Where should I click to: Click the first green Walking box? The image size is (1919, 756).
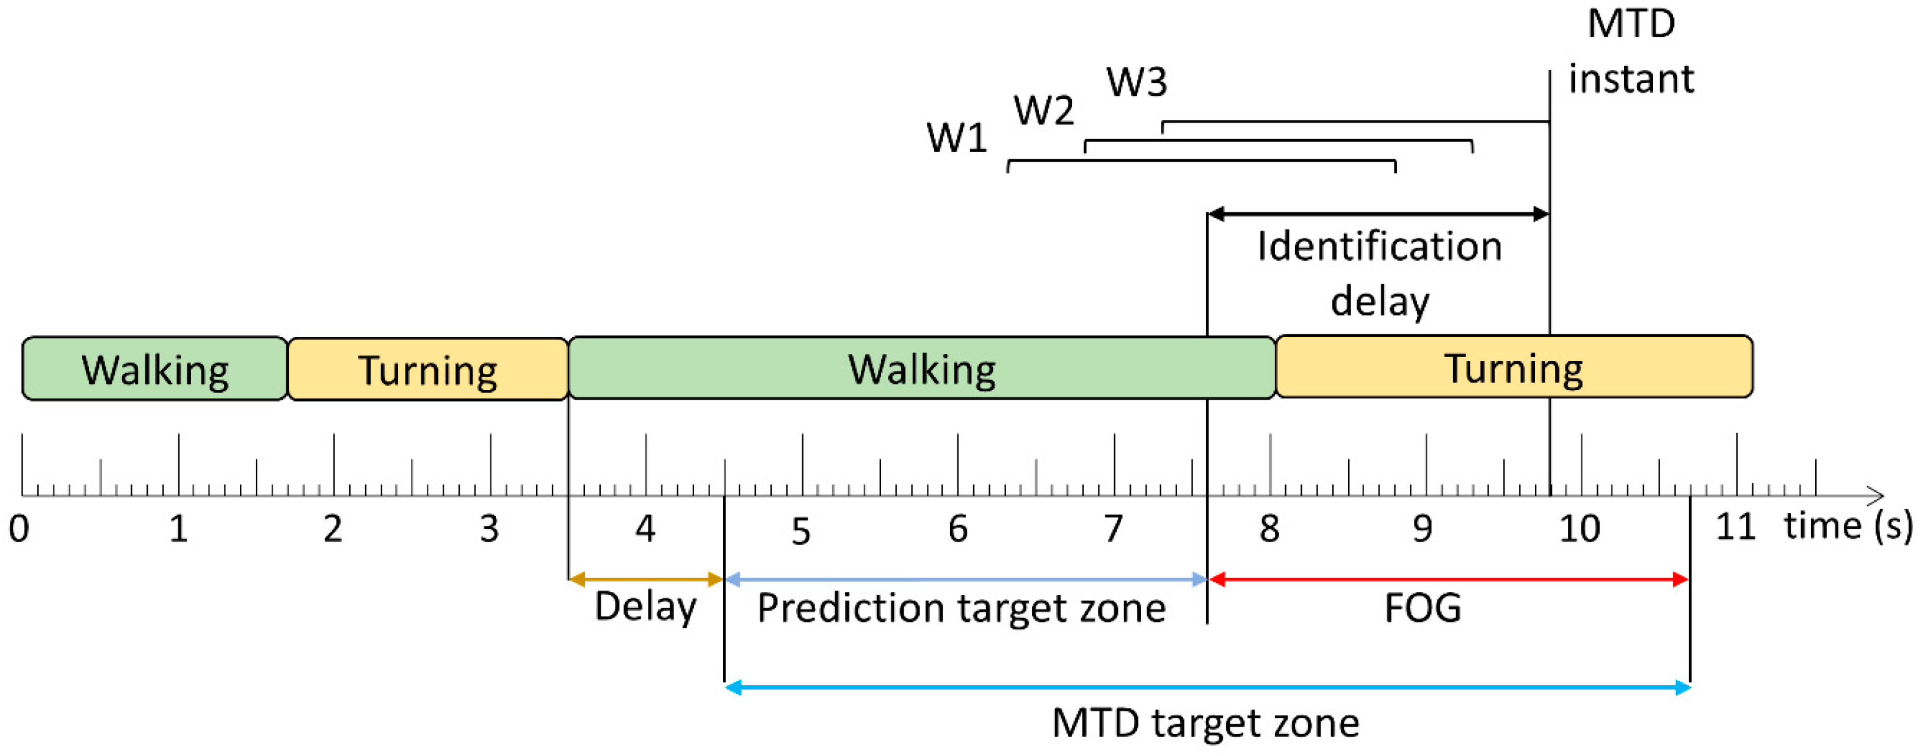tap(154, 369)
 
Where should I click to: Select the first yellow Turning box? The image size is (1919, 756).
tap(427, 369)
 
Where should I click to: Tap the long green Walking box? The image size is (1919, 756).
tap(921, 368)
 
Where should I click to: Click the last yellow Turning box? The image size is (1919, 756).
tap(1513, 367)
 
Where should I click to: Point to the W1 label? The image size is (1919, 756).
tap(957, 138)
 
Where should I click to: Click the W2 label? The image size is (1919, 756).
tap(1043, 111)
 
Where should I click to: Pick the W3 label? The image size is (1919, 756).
tap(1136, 81)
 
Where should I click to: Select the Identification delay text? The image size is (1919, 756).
tap(1379, 273)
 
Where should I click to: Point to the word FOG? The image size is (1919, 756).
tap(1422, 608)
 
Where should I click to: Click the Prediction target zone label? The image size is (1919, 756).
tap(961, 608)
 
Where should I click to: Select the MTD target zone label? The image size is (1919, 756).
tap(1205, 722)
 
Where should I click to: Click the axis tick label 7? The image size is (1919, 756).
tap(1113, 529)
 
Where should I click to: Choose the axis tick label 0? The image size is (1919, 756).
tap(20, 529)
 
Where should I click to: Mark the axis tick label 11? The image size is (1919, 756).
tap(1735, 527)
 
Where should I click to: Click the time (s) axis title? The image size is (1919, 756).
tap(1847, 526)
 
